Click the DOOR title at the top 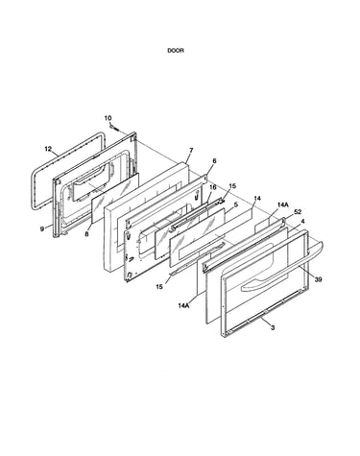click(176, 51)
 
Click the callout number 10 click(108, 118)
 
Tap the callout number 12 click(48, 149)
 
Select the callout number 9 click(42, 229)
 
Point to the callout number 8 click(86, 234)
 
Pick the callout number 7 click(191, 150)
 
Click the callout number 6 click(214, 161)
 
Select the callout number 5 click(236, 204)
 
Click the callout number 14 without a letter click(257, 199)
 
